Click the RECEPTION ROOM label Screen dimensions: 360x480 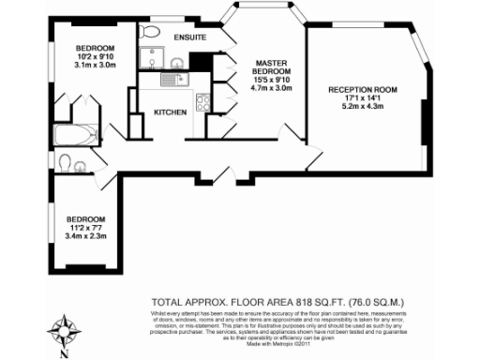point(362,89)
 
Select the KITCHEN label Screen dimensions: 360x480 point(171,112)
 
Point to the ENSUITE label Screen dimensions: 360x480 point(190,37)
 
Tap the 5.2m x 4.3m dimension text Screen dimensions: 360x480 point(362,106)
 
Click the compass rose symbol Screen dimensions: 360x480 point(64,329)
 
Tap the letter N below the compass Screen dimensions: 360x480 point(64,353)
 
